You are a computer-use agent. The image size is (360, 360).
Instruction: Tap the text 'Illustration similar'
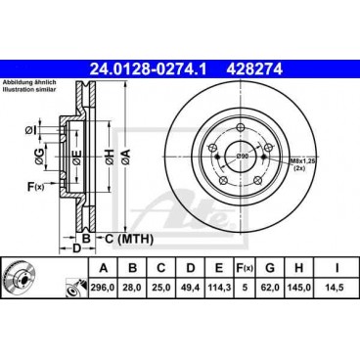click(36, 91)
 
